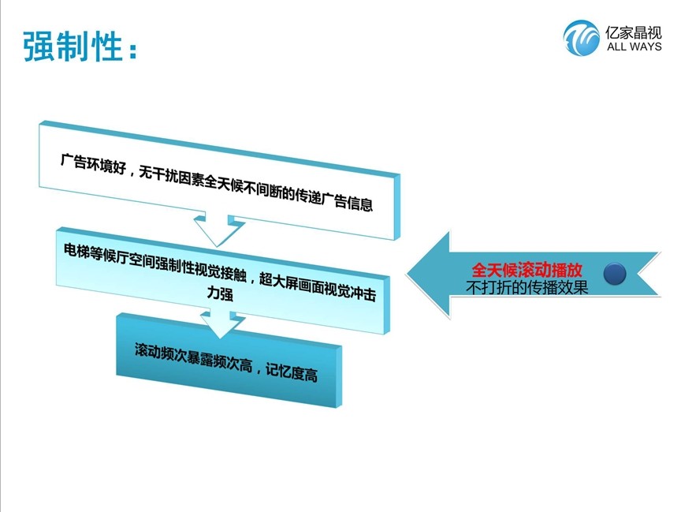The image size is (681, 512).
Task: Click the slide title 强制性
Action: point(73,46)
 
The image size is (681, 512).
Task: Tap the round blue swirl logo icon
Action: point(581,38)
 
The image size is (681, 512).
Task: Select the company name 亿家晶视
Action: point(634,32)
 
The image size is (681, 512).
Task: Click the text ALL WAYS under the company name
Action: point(634,47)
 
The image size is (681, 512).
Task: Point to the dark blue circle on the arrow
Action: point(615,274)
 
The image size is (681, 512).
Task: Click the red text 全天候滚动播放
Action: point(527,270)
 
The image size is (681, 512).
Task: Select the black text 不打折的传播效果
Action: point(527,287)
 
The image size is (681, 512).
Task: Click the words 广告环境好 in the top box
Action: point(93,163)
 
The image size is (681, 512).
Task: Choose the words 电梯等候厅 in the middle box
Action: point(95,253)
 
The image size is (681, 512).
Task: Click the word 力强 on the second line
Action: point(220,293)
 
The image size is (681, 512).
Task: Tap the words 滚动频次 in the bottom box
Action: point(160,353)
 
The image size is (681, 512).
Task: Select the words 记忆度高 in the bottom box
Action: point(292,372)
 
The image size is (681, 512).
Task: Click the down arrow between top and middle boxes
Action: point(218,230)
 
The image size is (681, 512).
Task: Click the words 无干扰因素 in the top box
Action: point(171,176)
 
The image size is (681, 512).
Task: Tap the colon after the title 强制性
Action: point(132,50)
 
